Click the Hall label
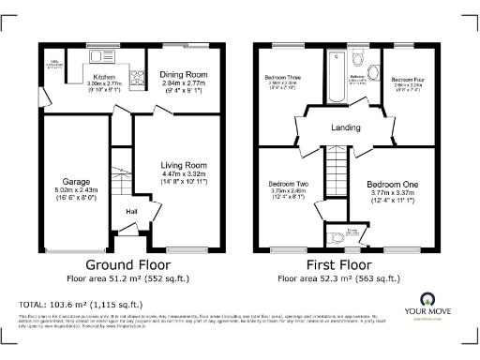131,211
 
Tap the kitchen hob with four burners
134,80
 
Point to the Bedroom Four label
407,79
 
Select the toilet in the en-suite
338,235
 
